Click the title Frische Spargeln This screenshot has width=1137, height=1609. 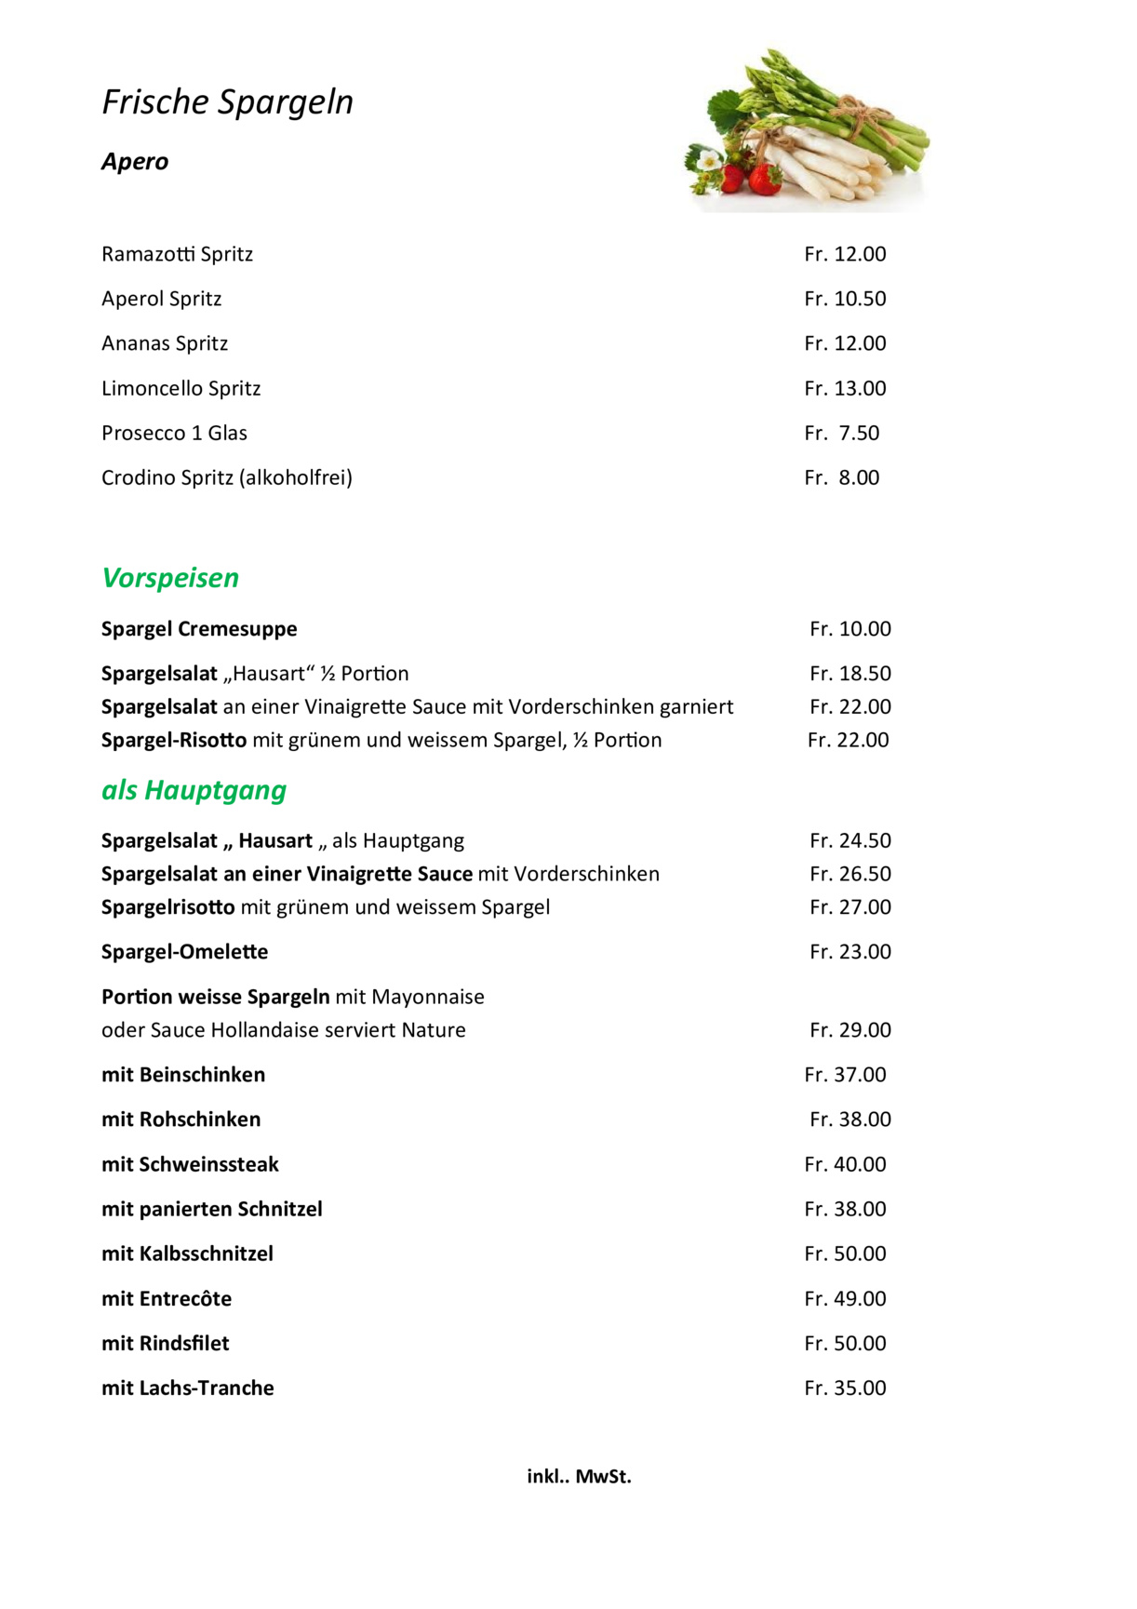coord(227,102)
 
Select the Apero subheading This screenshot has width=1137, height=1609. coord(135,162)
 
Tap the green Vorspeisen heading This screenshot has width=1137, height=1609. coord(170,578)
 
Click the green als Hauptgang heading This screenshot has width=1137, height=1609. coord(194,790)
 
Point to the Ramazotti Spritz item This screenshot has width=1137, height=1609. coord(177,254)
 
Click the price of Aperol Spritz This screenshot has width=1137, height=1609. coord(845,299)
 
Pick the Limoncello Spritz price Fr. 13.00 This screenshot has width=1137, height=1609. coord(845,388)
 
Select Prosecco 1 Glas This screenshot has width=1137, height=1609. coord(174,433)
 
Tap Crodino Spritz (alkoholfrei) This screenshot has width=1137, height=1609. coord(227,477)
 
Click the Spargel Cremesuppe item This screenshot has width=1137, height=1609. coord(199,629)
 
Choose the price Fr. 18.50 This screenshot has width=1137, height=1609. coord(849,674)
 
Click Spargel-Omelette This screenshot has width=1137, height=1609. coord(184,952)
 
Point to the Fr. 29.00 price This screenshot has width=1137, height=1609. coord(849,1030)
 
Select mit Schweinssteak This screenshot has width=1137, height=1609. coord(190,1164)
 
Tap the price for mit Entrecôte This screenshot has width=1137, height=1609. coord(845,1298)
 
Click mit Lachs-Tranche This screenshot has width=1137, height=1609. coord(188,1388)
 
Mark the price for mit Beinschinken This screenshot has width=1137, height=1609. coord(845,1075)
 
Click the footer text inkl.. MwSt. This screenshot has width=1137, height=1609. coord(579,1476)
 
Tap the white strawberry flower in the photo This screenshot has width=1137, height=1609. coord(709,160)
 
